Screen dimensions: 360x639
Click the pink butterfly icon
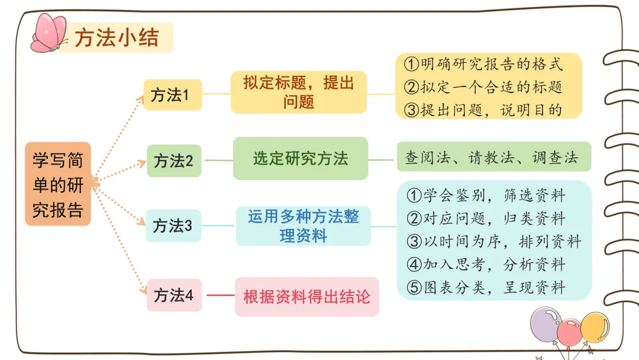(x=49, y=34)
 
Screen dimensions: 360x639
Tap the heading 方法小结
(x=117, y=38)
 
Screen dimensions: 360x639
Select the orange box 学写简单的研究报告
(x=58, y=184)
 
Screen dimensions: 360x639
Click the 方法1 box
(x=172, y=95)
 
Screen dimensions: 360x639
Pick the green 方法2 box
(x=174, y=160)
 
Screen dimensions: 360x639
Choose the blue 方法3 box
(x=173, y=226)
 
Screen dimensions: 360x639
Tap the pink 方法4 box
(x=174, y=295)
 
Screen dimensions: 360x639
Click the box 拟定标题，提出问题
(x=298, y=92)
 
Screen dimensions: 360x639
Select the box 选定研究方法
(x=301, y=159)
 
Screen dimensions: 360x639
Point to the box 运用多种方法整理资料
(x=303, y=226)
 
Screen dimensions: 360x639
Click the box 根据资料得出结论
(x=306, y=297)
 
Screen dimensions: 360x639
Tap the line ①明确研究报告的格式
(x=483, y=64)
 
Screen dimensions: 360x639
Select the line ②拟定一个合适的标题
(x=483, y=87)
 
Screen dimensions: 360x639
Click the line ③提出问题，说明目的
(x=483, y=110)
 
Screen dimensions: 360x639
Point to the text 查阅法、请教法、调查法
(x=490, y=157)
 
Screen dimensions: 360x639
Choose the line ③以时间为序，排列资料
(x=494, y=242)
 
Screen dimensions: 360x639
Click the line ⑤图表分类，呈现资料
(x=486, y=288)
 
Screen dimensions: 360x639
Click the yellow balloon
(x=594, y=327)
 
